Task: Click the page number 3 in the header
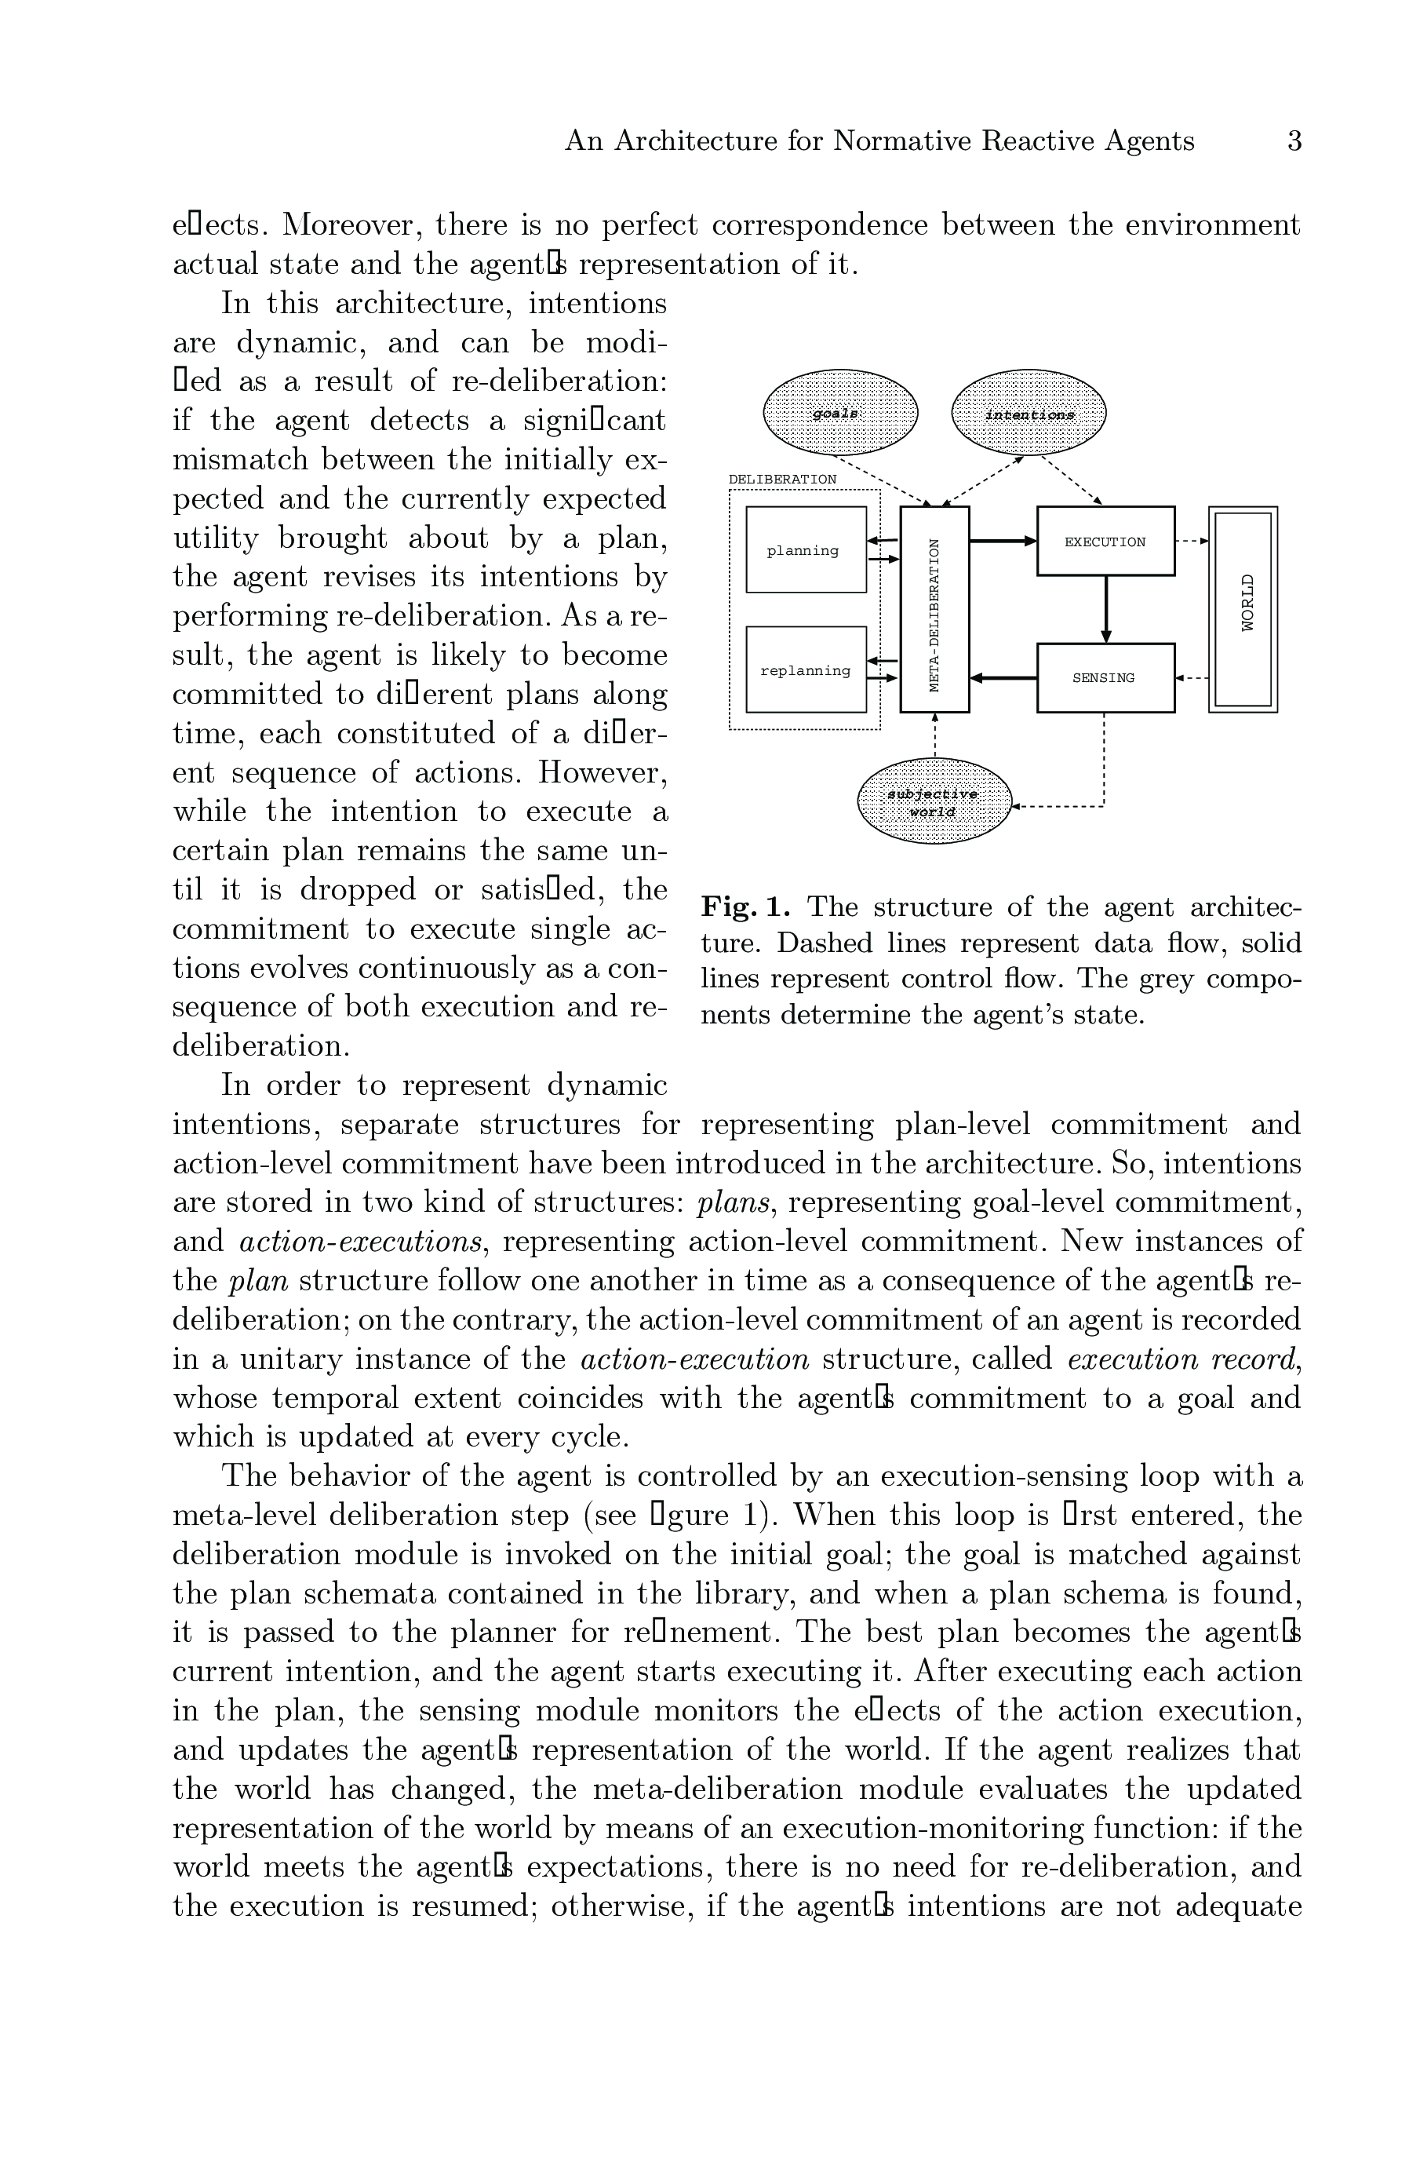tap(1294, 141)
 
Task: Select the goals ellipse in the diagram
tap(840, 413)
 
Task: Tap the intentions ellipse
tap(1029, 413)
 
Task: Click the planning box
tap(806, 550)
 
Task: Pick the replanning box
tap(806, 669)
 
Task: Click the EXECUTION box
tap(1105, 541)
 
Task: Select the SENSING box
tap(1105, 678)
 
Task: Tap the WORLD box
tap(1243, 608)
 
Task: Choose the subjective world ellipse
tap(934, 801)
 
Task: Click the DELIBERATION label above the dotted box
tap(782, 480)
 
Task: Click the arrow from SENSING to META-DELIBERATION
tap(1003, 678)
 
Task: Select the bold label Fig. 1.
tap(745, 908)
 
